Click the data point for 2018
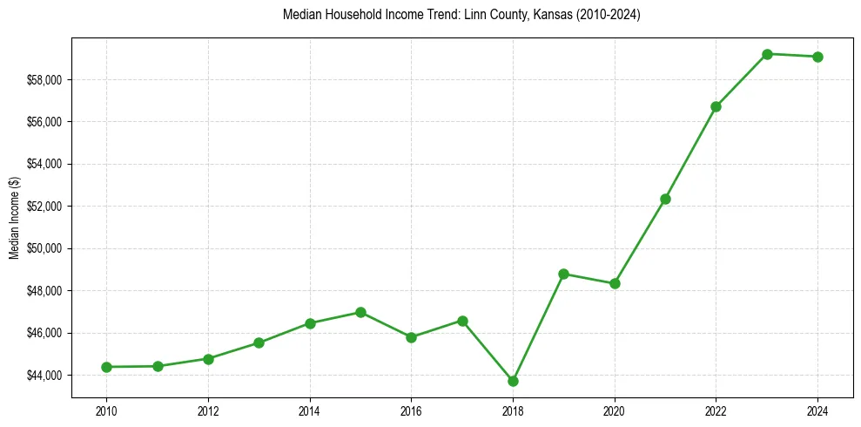[513, 381]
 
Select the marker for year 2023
[767, 54]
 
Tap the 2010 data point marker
[106, 367]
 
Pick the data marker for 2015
[360, 312]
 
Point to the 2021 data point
[665, 199]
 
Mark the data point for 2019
[563, 274]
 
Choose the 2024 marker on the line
[818, 57]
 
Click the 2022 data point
[716, 106]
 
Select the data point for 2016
[411, 337]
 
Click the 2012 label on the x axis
[208, 410]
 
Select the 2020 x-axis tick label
[615, 410]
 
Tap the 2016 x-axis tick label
[411, 410]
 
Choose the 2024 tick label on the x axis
[818, 410]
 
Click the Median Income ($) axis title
[14, 217]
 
